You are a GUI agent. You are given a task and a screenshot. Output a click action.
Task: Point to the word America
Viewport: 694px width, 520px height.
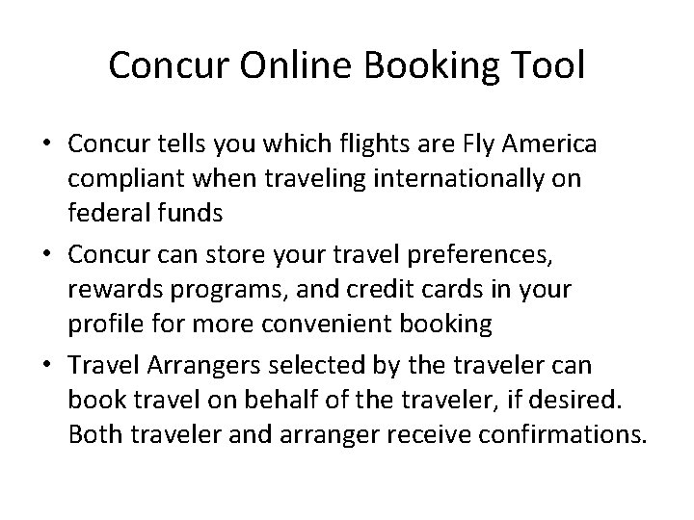[x=550, y=143]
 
